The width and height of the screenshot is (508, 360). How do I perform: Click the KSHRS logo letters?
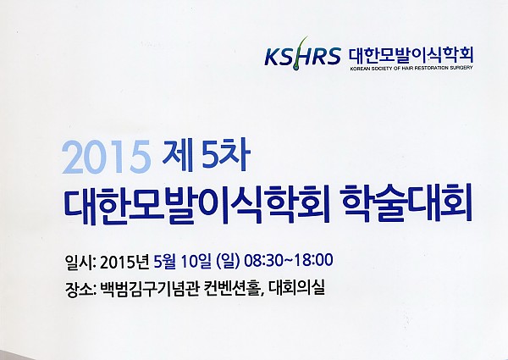(x=302, y=56)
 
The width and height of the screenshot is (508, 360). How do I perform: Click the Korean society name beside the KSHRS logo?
(x=411, y=55)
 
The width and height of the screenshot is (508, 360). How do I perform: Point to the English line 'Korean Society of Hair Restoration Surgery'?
(x=411, y=68)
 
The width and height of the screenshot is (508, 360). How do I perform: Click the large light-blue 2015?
(x=107, y=157)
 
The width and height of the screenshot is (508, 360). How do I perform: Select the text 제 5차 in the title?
(x=207, y=156)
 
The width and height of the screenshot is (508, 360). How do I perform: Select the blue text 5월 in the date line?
(x=164, y=261)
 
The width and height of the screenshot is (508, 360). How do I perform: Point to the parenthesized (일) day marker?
(x=226, y=261)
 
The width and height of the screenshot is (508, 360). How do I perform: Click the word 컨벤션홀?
(x=233, y=288)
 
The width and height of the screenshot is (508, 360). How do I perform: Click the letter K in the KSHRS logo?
(x=272, y=57)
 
